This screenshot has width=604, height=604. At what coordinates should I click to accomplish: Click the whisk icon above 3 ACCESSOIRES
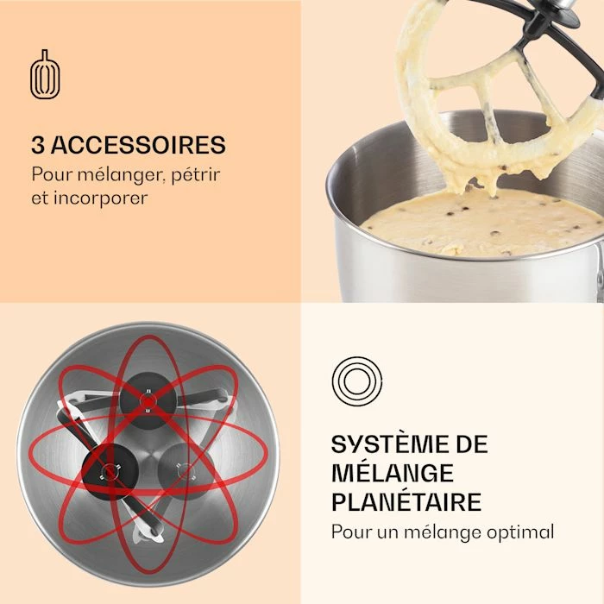click(x=45, y=74)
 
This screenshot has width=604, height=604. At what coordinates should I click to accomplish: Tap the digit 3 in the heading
click(x=38, y=145)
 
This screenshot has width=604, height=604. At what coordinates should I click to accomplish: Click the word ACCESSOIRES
click(x=138, y=145)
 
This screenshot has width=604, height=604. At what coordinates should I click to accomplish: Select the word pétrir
click(x=196, y=174)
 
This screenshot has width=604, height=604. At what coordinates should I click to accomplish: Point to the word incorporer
click(x=101, y=198)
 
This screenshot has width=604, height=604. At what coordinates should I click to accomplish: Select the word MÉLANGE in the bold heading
click(x=393, y=473)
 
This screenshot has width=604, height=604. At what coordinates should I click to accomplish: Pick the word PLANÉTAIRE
click(x=406, y=501)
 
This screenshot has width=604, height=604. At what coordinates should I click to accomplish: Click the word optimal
click(x=520, y=532)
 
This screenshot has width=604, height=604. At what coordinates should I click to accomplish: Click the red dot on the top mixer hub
click(x=148, y=401)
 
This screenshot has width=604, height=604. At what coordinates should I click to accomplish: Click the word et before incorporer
click(x=41, y=198)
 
